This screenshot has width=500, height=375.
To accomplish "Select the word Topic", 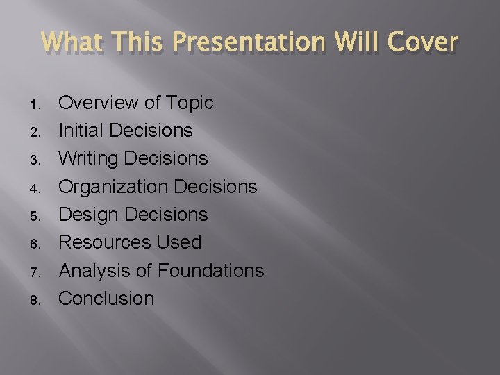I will click(190, 103).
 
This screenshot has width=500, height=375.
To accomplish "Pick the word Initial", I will click(81, 131).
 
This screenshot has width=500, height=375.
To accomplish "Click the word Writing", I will click(86, 159).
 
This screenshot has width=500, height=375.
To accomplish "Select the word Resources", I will click(104, 242).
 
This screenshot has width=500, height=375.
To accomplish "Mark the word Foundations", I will click(210, 270).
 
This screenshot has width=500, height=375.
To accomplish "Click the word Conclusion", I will click(106, 299).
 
